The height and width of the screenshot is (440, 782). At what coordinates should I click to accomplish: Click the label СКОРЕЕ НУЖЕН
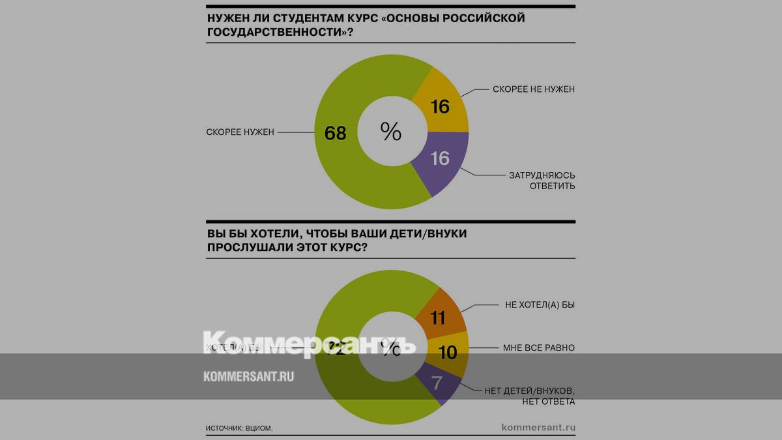click(240, 132)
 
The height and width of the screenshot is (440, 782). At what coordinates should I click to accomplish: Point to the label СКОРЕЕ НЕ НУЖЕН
click(532, 89)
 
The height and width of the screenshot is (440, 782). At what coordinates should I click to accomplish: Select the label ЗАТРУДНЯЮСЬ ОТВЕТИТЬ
click(542, 181)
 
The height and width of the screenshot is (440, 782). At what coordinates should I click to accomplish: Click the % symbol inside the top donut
click(391, 132)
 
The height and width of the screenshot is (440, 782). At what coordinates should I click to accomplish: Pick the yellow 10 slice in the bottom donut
click(447, 353)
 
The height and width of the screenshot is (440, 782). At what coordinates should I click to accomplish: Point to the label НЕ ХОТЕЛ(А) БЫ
click(540, 304)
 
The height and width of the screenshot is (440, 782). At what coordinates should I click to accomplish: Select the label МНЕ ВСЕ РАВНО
click(539, 348)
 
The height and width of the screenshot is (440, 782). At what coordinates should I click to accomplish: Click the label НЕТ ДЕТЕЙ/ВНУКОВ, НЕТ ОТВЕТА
click(530, 396)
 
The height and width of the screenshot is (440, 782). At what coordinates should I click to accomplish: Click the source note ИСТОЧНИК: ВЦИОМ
click(239, 428)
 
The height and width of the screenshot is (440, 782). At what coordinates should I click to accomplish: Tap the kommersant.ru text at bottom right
click(538, 428)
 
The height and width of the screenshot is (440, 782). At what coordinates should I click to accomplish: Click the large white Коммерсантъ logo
click(310, 344)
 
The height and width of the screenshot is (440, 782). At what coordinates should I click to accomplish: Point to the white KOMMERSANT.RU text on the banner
click(248, 376)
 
